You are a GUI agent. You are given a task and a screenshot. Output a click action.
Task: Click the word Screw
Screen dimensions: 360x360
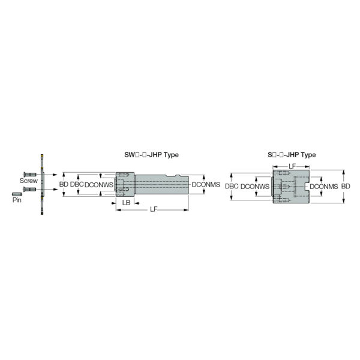[28, 181]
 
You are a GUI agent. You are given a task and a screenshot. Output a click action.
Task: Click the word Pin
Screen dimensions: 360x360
[17, 200]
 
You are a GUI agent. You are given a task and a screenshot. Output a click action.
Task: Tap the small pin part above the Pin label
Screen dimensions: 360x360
[17, 194]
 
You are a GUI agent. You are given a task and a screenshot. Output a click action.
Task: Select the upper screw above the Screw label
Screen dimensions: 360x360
[30, 174]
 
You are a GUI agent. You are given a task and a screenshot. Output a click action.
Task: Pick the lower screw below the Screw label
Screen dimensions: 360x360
[29, 189]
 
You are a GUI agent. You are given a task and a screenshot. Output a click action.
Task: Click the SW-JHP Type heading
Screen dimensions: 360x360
[151, 155]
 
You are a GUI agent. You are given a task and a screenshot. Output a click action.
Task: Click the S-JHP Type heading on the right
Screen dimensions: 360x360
[292, 155]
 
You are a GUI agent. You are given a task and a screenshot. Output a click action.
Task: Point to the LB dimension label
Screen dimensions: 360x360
[126, 203]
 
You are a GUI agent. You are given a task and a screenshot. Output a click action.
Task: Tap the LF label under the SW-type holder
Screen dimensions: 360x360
[154, 209]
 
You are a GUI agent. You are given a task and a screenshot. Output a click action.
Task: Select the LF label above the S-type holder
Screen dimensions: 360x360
[292, 166]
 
